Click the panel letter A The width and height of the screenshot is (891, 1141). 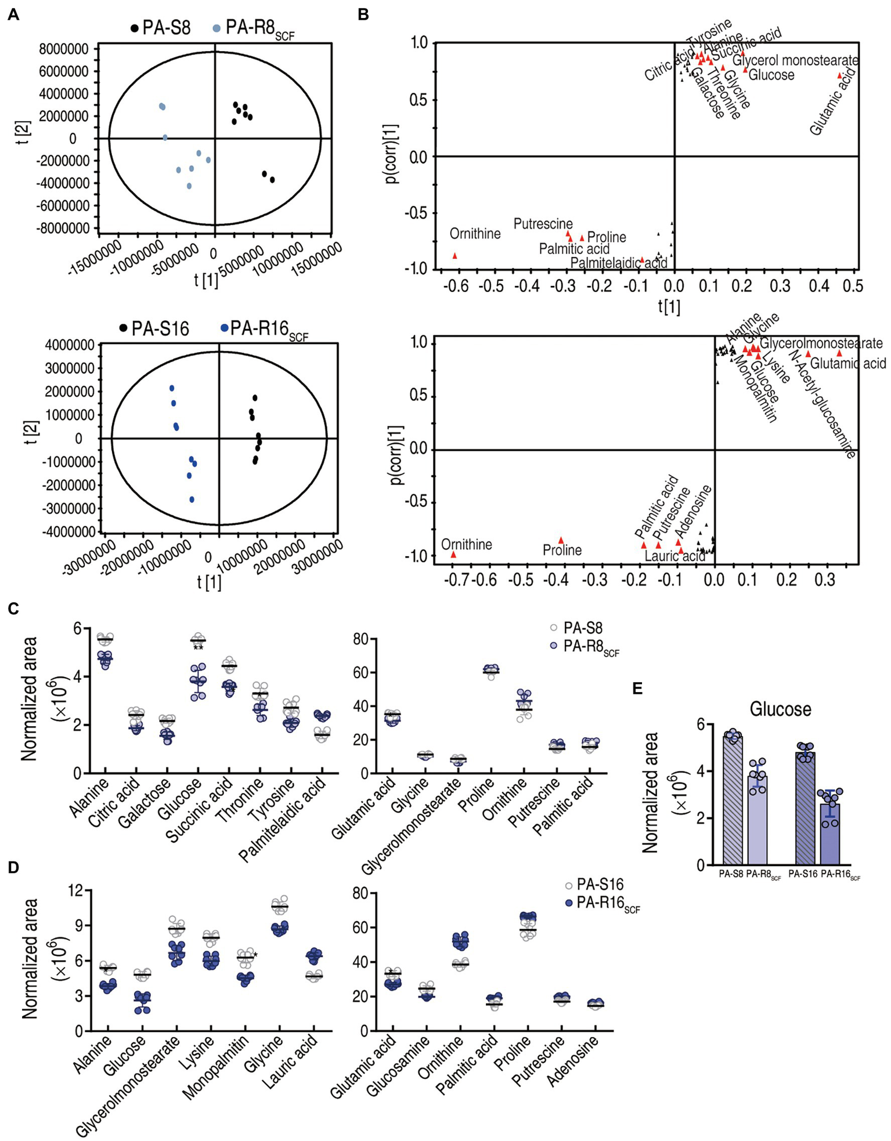point(13,15)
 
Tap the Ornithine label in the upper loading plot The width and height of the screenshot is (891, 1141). point(475,234)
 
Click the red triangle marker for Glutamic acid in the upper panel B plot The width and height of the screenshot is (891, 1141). point(839,75)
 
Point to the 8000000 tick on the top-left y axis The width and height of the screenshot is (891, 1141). point(65,49)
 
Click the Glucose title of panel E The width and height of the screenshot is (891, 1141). point(780,708)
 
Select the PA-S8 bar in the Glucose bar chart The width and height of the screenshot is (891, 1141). point(733,800)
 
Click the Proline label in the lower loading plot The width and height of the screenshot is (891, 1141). point(562,549)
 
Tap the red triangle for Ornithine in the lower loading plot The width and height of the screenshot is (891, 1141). point(453,555)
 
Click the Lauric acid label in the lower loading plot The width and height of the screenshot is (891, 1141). point(675,556)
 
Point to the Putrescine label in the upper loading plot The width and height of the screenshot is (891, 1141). point(543,224)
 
